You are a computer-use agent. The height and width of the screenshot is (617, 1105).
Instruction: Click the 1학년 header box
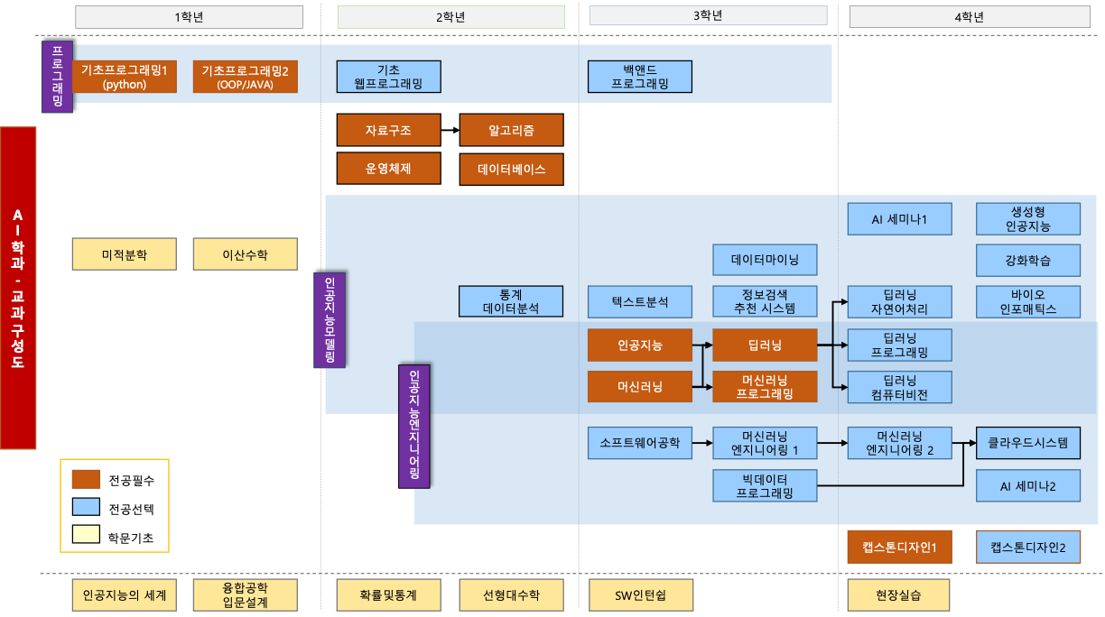point(189,16)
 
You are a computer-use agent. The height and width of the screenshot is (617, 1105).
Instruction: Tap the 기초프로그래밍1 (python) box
point(125,77)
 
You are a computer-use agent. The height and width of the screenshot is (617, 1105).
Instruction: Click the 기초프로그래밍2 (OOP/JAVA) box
point(245,77)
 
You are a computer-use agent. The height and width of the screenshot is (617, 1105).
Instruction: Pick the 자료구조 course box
point(388,130)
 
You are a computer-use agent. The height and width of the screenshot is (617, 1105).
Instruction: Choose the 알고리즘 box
point(511,130)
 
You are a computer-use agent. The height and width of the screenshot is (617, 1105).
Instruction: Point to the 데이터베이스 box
point(511,170)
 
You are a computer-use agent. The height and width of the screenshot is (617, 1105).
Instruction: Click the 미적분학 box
point(125,254)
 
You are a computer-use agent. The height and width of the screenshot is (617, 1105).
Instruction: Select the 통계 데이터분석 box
point(511,301)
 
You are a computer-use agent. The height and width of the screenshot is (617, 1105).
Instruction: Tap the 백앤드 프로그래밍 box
point(639,77)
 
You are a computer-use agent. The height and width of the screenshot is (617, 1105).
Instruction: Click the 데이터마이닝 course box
point(765,260)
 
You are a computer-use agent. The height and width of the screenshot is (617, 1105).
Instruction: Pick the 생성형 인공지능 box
point(1028,218)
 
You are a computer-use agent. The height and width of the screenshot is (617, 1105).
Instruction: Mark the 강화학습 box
point(1028,260)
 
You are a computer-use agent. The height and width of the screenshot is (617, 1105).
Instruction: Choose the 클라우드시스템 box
point(1028,443)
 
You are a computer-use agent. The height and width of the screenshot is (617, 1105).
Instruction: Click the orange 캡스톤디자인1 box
point(900,547)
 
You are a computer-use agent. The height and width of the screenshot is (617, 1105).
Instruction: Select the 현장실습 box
point(898,594)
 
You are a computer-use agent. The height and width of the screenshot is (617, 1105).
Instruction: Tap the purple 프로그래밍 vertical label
point(57,77)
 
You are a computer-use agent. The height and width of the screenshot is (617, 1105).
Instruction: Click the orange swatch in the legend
point(86,478)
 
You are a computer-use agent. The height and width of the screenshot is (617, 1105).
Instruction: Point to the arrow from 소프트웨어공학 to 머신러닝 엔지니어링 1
point(702,443)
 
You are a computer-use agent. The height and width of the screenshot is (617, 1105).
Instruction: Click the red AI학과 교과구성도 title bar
point(18,288)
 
